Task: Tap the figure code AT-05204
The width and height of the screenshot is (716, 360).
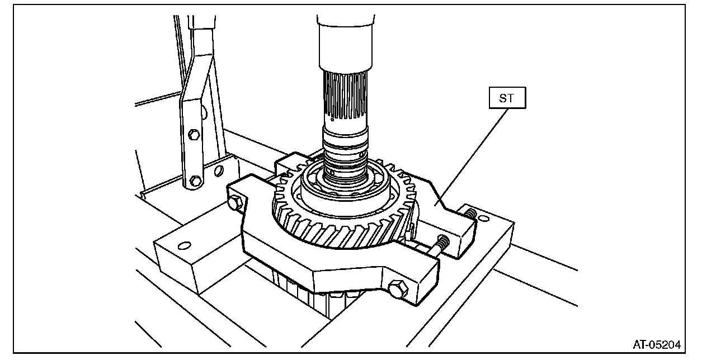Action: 657,344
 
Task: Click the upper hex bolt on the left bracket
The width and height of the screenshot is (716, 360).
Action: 194,134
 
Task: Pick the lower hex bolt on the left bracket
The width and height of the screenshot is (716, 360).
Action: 195,181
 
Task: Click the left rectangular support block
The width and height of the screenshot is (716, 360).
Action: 185,257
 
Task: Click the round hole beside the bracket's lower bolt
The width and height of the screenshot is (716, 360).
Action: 219,169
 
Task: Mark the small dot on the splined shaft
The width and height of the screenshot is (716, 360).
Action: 332,118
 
